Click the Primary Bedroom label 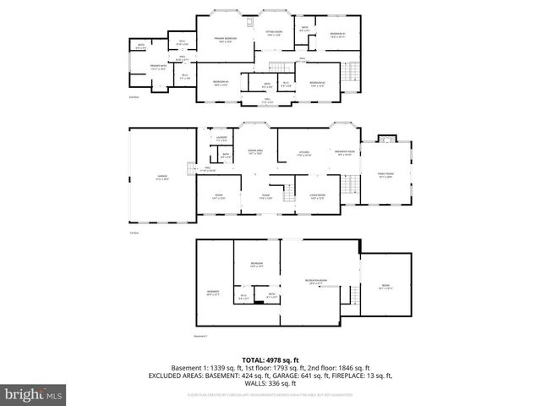[224, 40]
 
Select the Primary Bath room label [158, 69]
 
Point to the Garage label [161, 177]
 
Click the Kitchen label [303, 153]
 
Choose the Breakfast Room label [345, 153]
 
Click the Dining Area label [255, 151]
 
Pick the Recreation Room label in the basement [316, 281]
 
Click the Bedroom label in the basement [256, 265]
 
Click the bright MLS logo [34, 393]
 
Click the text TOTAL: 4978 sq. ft [270, 358]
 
